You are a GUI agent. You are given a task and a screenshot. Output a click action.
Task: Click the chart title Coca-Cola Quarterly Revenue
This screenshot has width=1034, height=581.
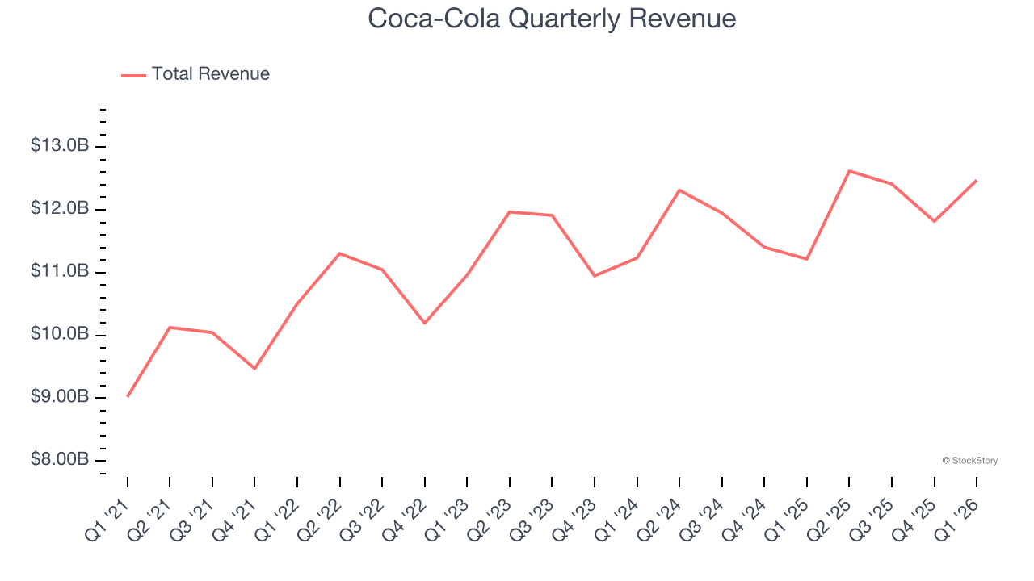coord(552,19)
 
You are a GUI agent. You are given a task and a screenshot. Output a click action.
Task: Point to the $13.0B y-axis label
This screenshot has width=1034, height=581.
coord(60,146)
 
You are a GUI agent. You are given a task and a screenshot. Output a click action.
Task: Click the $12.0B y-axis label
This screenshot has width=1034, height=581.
coord(60,209)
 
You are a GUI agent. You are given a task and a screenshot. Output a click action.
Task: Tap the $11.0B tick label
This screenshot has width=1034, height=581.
coord(60,272)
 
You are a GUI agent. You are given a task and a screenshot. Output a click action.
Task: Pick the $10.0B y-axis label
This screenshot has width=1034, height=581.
coord(60,334)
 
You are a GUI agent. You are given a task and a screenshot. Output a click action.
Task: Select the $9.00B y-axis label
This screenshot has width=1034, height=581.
coord(60,397)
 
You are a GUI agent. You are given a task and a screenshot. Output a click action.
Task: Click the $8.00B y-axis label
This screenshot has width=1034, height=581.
coord(60,460)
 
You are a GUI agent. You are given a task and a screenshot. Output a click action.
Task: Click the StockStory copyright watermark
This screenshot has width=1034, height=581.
coord(969,461)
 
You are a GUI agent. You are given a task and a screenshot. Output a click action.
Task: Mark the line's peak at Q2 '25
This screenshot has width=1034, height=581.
coord(850,171)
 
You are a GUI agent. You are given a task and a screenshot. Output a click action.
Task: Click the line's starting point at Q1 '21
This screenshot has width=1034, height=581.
coord(128,396)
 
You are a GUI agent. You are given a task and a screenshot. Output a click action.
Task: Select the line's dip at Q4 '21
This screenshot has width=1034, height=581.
coord(255,369)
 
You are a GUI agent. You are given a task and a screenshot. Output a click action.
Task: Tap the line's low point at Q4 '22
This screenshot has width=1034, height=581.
coord(425,323)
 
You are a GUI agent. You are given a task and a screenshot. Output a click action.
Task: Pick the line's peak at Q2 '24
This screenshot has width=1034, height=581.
coord(679,190)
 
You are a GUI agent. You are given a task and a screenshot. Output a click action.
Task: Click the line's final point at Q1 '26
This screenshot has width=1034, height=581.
coord(977,181)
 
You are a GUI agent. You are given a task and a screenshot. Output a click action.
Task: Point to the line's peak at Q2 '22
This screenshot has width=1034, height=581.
coord(340,253)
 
